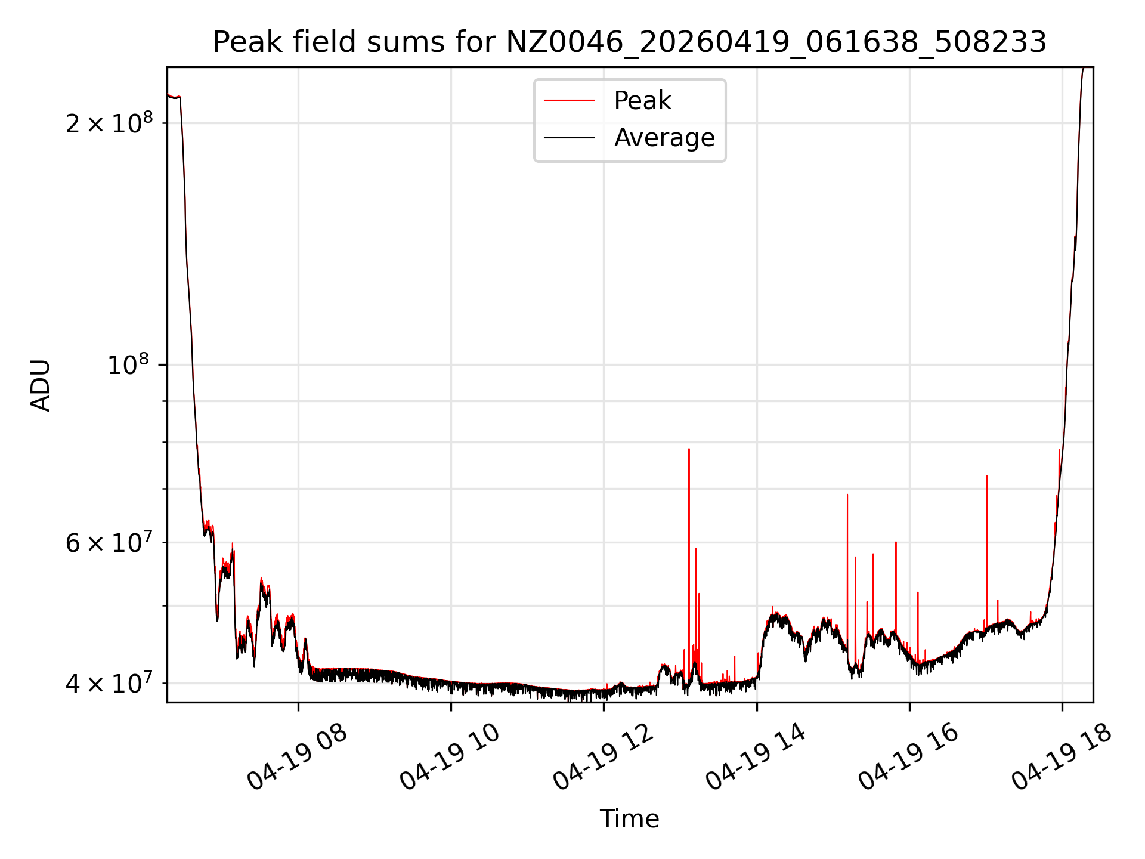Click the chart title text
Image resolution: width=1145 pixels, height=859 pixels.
(x=630, y=42)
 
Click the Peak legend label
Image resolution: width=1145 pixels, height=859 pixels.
(x=642, y=101)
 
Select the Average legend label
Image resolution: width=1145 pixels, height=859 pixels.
(x=664, y=138)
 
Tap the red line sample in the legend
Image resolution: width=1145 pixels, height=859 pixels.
(x=570, y=101)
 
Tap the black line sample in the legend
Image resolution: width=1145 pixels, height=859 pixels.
(x=570, y=138)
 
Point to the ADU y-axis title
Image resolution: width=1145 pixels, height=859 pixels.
(x=41, y=385)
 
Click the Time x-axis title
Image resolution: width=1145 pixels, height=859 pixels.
(x=630, y=819)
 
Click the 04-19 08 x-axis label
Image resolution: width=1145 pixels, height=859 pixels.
(x=297, y=757)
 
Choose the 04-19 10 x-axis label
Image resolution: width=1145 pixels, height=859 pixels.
(x=450, y=757)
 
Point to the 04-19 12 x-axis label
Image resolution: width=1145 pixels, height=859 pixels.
(x=603, y=757)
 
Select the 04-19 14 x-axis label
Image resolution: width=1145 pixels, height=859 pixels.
(x=756, y=757)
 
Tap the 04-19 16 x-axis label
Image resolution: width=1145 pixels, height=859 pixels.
(x=908, y=757)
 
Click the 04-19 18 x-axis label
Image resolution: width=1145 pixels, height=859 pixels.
(x=1062, y=757)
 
